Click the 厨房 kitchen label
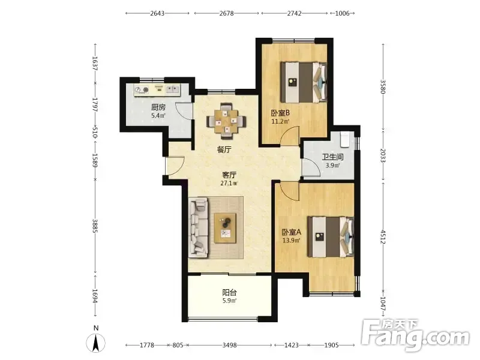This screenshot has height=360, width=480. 158,107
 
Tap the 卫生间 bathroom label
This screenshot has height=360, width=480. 332,157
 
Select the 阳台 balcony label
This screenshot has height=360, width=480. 229,292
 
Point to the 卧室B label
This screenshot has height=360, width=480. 280,113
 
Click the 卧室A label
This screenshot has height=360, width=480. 292,232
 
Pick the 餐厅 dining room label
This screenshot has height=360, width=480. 224,149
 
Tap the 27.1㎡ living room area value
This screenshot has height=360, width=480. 229,184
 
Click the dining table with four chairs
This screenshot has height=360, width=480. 226,119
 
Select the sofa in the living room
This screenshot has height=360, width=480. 199,227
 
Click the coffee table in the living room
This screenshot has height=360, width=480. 225,228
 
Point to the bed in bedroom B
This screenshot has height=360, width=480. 304,82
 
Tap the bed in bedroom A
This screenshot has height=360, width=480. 331,237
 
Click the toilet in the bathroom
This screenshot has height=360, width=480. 346,139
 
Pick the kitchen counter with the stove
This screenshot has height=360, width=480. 157,90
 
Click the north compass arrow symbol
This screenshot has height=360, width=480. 96,342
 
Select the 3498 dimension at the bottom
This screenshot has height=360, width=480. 230,346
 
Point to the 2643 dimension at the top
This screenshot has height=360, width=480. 157,13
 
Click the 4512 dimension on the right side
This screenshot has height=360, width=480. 383,237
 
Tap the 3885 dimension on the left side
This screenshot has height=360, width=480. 95,226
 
